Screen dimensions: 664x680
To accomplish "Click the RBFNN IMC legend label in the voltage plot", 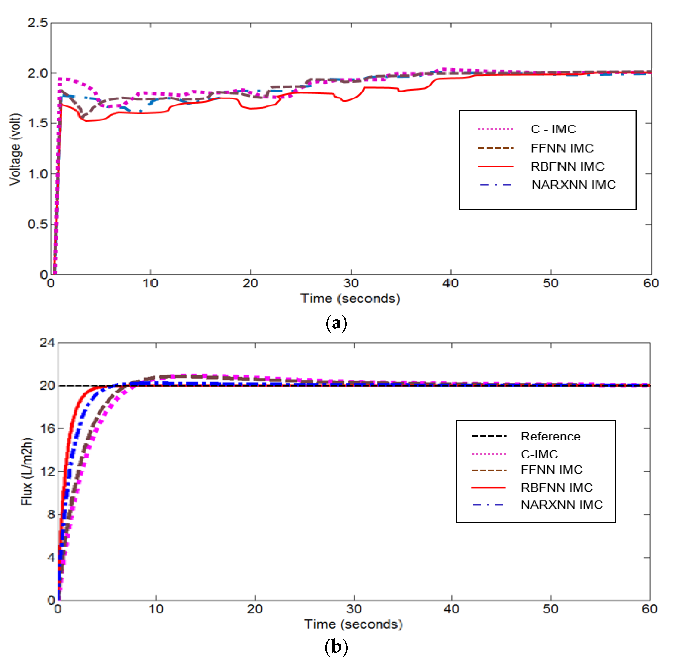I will (567, 167).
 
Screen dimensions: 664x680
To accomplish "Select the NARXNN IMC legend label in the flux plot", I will (561, 505).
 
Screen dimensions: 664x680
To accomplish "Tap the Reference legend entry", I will (550, 436).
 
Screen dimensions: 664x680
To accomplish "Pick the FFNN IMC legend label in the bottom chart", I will (551, 470).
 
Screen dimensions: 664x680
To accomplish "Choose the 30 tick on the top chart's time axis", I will (351, 283).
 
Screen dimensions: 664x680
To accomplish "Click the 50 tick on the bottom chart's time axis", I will (551, 609).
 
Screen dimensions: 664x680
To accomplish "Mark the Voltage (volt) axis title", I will (15, 149).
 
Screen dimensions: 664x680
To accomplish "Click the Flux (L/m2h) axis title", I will (27, 471).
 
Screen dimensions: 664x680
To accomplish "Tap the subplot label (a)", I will (336, 323).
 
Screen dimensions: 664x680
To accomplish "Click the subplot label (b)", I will (336, 647).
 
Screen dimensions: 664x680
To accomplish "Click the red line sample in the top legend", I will (496, 167).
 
